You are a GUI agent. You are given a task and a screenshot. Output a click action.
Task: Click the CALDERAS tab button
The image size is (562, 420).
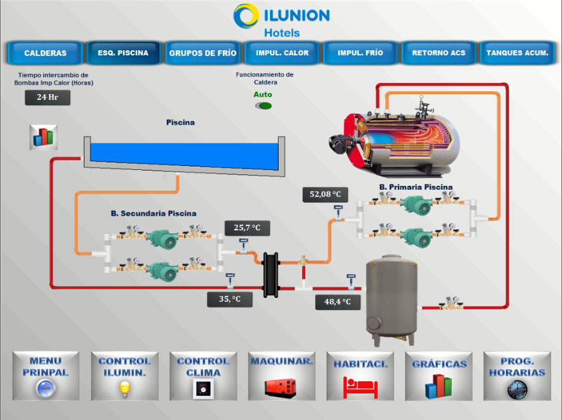[45, 53]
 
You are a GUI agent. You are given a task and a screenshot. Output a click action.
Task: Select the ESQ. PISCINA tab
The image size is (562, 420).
[123, 53]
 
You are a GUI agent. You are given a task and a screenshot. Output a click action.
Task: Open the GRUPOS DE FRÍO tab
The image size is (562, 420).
[202, 53]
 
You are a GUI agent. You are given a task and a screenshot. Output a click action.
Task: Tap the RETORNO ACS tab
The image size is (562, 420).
[439, 53]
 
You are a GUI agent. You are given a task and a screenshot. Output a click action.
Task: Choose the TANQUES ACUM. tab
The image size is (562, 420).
[517, 53]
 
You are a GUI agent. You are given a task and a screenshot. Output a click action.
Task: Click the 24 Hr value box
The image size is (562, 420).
[47, 97]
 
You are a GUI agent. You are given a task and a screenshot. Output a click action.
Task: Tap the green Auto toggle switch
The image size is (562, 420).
[263, 106]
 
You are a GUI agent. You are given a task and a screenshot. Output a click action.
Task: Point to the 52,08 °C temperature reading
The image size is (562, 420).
[325, 195]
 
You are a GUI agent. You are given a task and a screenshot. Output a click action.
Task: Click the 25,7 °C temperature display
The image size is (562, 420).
[248, 228]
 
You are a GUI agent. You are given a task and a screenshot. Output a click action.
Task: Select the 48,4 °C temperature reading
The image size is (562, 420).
[337, 302]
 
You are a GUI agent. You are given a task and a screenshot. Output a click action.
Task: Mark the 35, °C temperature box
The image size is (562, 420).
[230, 299]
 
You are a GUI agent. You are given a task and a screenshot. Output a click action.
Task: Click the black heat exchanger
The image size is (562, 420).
[271, 275]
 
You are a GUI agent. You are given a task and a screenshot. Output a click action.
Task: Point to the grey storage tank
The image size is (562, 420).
[392, 299]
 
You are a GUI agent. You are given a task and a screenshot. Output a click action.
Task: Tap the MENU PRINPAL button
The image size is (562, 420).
[46, 376]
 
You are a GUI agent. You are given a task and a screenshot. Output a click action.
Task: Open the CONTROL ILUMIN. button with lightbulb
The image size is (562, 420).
[125, 376]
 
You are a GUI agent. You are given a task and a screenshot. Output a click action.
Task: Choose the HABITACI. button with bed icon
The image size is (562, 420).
[360, 376]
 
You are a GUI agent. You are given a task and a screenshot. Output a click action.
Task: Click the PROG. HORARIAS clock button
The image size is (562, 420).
[517, 376]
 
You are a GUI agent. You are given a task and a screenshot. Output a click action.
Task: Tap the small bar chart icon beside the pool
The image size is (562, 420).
[43, 137]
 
